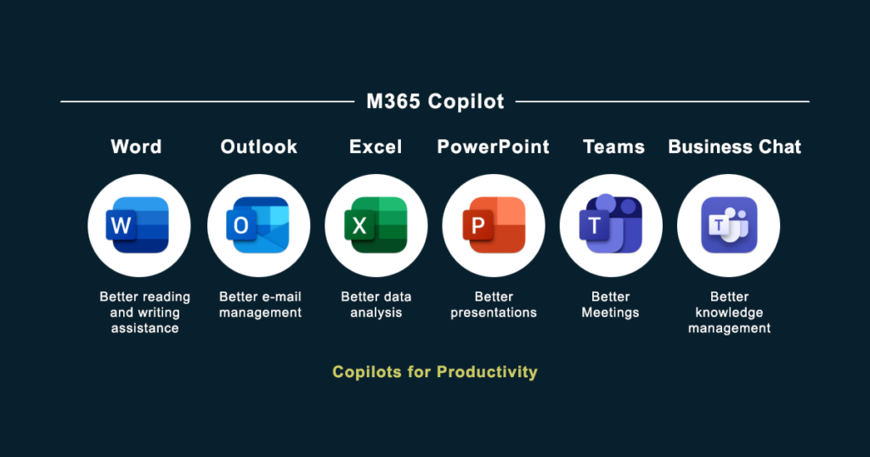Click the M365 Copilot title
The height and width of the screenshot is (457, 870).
click(x=435, y=102)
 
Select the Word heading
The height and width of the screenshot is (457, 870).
click(x=136, y=147)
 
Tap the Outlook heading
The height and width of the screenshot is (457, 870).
click(x=259, y=147)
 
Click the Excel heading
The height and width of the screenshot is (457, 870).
click(x=376, y=147)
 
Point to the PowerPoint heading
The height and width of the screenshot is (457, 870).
click(x=494, y=147)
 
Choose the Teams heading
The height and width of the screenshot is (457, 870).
click(x=613, y=147)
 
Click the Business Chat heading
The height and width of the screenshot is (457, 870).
click(x=735, y=147)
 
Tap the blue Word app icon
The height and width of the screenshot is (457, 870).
click(x=139, y=225)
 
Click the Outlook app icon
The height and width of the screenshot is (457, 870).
click(x=258, y=225)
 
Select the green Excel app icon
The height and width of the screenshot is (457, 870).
click(x=376, y=225)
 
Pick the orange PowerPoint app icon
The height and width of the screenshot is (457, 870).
click(x=494, y=225)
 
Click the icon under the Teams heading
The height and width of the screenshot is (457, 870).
click(x=612, y=225)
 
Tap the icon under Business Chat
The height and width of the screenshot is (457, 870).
click(x=728, y=225)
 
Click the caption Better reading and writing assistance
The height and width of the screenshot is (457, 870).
click(x=144, y=312)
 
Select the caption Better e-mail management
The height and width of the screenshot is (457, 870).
click(x=260, y=304)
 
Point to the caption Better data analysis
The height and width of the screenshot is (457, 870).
click(x=376, y=304)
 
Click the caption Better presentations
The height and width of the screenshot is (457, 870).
click(x=494, y=304)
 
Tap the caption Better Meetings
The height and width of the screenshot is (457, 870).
click(x=610, y=304)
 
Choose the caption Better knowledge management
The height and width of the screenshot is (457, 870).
click(x=729, y=312)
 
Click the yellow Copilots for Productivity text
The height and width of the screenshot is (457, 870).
click(x=435, y=372)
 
